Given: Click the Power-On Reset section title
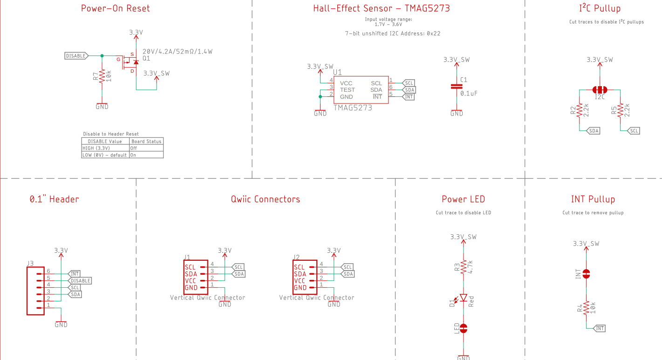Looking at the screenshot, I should (116, 8).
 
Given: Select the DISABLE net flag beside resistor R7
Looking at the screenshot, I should (76, 56).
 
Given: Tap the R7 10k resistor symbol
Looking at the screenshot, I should (102, 75).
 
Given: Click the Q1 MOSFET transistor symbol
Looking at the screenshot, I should (129, 62).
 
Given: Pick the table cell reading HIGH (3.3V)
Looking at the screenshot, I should (96, 148).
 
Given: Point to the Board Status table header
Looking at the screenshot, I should (146, 141).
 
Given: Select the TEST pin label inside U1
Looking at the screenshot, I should (347, 90).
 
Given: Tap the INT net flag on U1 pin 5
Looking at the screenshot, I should (409, 97).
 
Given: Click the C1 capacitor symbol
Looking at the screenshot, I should (457, 87).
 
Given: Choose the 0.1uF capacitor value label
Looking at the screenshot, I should (469, 94).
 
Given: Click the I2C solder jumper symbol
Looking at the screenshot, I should (600, 89).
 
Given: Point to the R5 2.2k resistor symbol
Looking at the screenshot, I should (621, 111).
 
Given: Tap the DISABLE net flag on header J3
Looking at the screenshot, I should (80, 281).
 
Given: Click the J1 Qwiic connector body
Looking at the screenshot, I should (196, 278).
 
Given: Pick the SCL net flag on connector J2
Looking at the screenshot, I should (348, 267).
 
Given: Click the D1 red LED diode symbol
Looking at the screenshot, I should (464, 298).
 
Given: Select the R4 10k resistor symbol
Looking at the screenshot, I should (587, 308).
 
